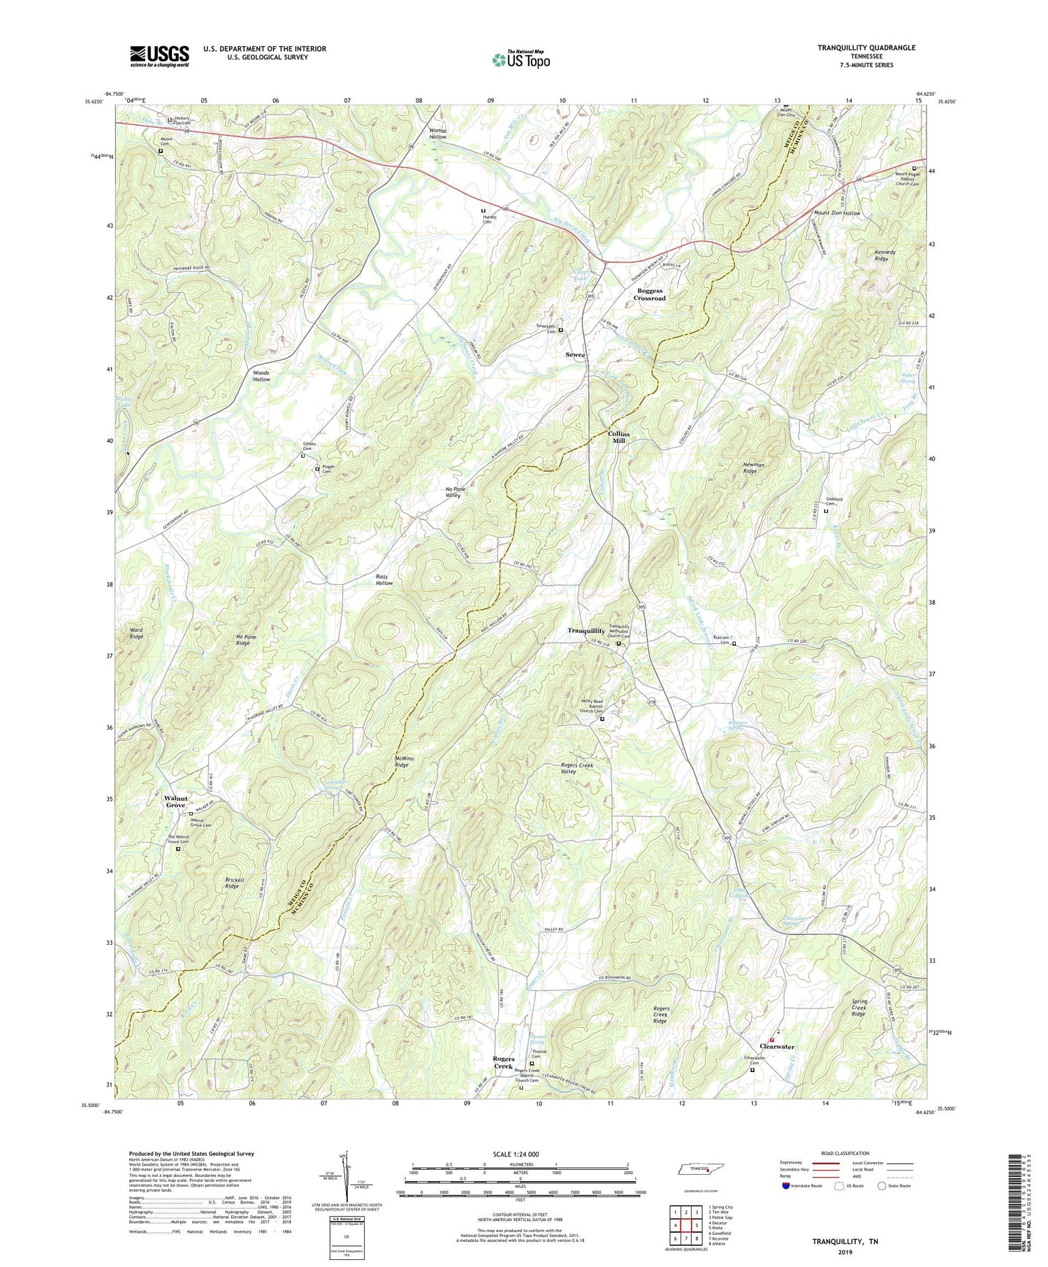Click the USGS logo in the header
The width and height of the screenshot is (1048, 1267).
[159, 56]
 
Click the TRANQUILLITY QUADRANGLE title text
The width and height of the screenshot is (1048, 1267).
[857, 48]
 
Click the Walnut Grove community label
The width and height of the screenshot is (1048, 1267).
[175, 802]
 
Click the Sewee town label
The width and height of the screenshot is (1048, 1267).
[575, 355]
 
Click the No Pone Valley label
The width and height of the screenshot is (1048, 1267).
[455, 492]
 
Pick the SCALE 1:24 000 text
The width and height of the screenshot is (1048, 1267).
[518, 1154]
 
